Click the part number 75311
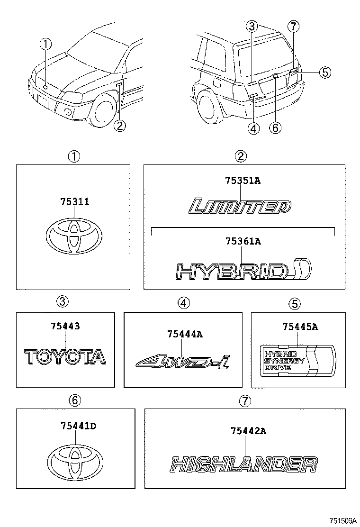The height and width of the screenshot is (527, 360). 75,202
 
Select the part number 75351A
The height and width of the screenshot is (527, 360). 242,181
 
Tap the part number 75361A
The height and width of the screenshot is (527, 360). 242,242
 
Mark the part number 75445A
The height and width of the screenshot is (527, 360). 300,326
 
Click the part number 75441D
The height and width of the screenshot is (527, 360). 78,426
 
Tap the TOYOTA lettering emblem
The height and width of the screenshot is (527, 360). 65,357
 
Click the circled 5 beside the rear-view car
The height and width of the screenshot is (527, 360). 324,72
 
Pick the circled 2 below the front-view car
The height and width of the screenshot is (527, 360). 120,126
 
